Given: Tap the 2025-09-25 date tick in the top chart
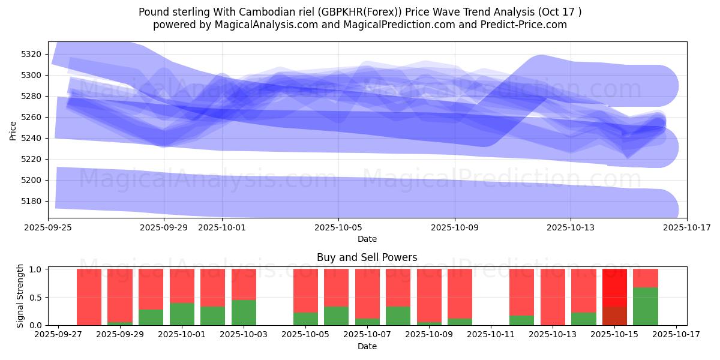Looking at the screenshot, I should click(x=49, y=227).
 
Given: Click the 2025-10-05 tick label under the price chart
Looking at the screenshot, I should click(x=338, y=227).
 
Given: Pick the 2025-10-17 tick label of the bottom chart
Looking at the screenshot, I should click(x=677, y=335).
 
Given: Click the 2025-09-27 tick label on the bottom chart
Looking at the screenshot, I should click(x=58, y=335).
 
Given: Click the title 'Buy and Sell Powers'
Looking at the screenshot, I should click(x=367, y=257).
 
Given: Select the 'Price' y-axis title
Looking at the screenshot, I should click(x=13, y=130).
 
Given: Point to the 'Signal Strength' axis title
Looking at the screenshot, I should click(x=20, y=296).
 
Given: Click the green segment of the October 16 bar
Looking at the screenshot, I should click(x=646, y=306).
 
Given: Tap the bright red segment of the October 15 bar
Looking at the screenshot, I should click(x=614, y=287).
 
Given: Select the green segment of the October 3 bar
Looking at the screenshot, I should click(x=244, y=312).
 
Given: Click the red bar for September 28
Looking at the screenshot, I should click(x=89, y=297).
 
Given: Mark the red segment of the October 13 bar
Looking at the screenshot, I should click(x=553, y=296).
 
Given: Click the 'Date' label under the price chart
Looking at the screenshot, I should click(x=367, y=239).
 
